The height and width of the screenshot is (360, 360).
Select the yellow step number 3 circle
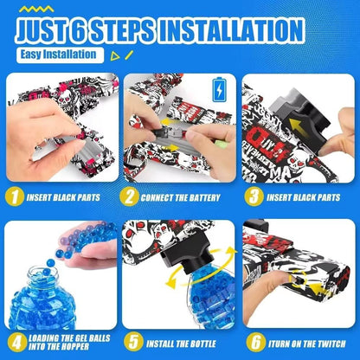click(x=253, y=196)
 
